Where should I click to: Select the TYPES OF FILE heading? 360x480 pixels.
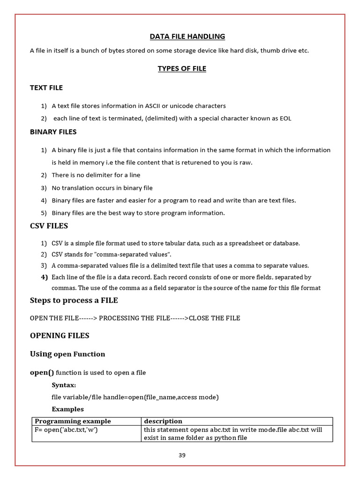point(182,68)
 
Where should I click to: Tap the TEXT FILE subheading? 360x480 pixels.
point(46,88)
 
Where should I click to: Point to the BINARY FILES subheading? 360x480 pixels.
point(53,132)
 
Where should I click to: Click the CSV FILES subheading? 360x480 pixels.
point(49,226)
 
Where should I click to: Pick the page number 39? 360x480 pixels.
point(182,455)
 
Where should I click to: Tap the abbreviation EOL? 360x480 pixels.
point(285,118)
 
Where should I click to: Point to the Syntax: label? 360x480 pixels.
point(64,385)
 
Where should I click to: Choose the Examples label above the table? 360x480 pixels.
point(67,409)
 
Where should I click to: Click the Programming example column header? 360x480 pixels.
point(73,421)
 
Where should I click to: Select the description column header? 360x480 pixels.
point(163,421)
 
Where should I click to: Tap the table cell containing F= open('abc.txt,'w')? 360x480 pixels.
point(66,429)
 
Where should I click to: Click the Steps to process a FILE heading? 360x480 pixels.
point(74,300)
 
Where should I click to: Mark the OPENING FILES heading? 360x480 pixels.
point(60,336)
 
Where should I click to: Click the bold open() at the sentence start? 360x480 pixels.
point(42,373)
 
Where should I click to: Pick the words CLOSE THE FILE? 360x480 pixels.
point(214,318)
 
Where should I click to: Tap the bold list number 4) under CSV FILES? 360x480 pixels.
point(45,277)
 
